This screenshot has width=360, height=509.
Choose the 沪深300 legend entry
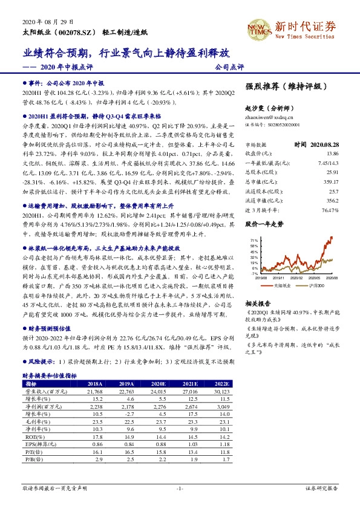click(x=317, y=284)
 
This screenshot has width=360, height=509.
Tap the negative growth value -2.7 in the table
click(x=126, y=413)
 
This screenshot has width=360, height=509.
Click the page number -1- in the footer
click(x=179, y=488)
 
